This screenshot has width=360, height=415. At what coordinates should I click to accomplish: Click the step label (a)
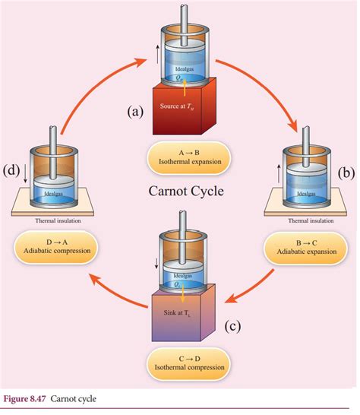(135, 112)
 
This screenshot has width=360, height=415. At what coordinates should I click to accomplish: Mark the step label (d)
(11, 169)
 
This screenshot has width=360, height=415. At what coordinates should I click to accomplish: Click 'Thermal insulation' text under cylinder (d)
(57, 221)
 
